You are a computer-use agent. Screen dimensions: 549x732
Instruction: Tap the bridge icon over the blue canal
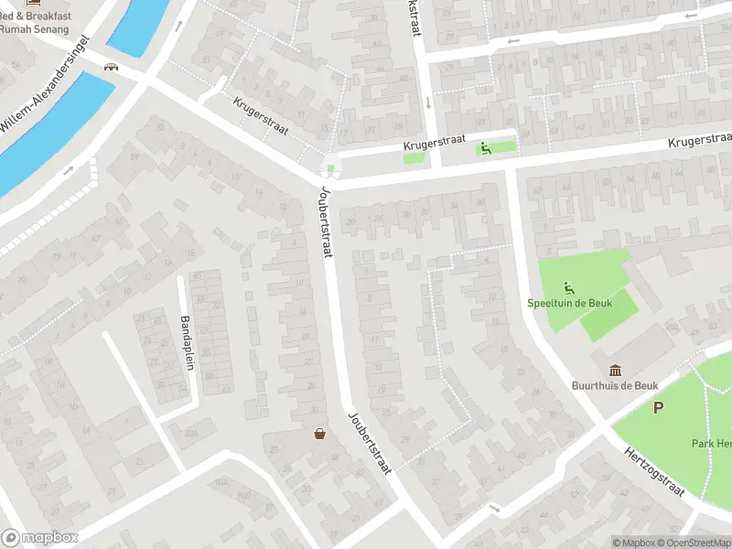pos(113,67)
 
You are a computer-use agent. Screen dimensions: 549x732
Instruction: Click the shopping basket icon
pos(320,434)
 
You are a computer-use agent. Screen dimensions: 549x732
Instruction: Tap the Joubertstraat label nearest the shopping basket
pos(370,442)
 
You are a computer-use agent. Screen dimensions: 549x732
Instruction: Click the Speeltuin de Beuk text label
pos(569,303)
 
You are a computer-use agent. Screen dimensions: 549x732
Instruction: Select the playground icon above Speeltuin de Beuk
pos(569,286)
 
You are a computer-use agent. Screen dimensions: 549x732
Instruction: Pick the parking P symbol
pos(657,408)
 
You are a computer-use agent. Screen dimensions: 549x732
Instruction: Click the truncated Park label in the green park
pos(711,444)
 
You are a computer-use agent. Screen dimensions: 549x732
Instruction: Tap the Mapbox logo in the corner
pos(40,538)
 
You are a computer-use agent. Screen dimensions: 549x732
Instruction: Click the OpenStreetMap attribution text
pos(694,543)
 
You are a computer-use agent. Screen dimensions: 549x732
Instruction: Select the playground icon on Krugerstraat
pos(486,148)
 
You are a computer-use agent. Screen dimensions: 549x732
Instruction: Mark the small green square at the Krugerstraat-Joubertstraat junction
pos(330,168)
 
